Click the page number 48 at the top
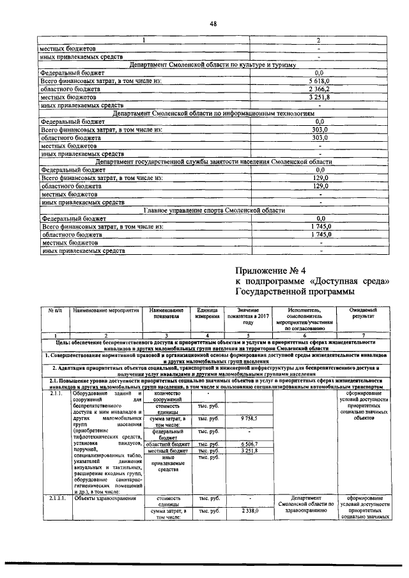point(213,24)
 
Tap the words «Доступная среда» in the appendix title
point(350,281)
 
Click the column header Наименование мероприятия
point(106,310)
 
